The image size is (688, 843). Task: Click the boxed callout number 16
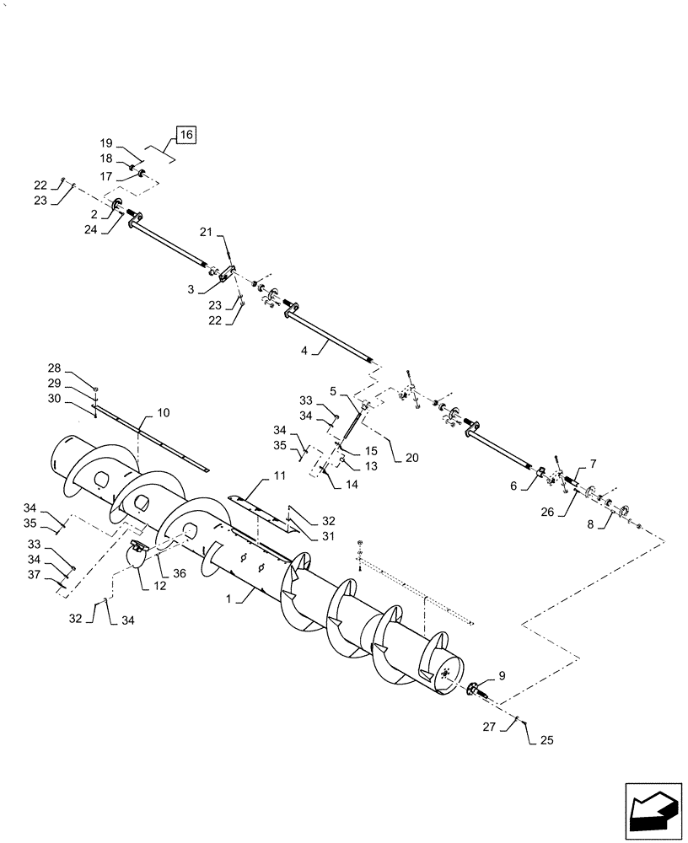[185, 134]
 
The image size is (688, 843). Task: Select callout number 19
[107, 144]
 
